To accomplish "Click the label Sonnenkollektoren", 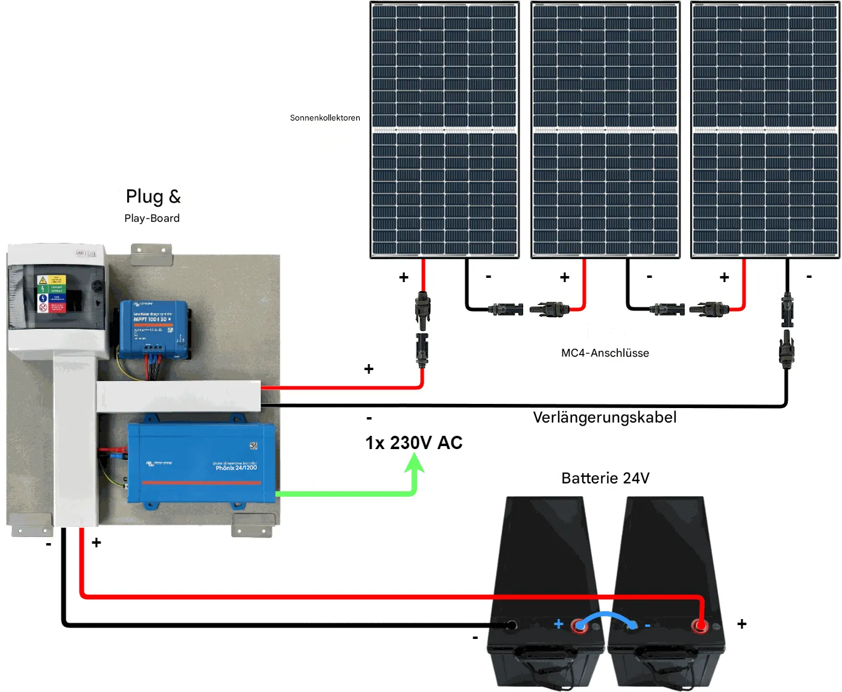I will (325, 118).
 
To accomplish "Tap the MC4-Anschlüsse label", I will (605, 353).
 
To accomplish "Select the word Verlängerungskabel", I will (605, 417).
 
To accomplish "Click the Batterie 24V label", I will (605, 478).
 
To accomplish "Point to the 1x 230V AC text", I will (413, 442).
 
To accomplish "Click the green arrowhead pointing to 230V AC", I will (414, 463).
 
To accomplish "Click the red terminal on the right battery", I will (700, 625).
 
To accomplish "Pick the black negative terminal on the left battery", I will (511, 625).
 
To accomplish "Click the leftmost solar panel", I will (444, 130).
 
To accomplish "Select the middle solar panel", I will (605, 130).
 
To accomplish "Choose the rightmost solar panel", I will (765, 130).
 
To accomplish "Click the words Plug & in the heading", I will (153, 197).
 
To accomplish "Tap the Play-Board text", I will (152, 218).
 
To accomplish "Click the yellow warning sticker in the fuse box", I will (43, 280).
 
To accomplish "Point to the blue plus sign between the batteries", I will (559, 624).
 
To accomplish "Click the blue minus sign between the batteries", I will (647, 626).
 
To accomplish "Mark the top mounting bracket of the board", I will (151, 253).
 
